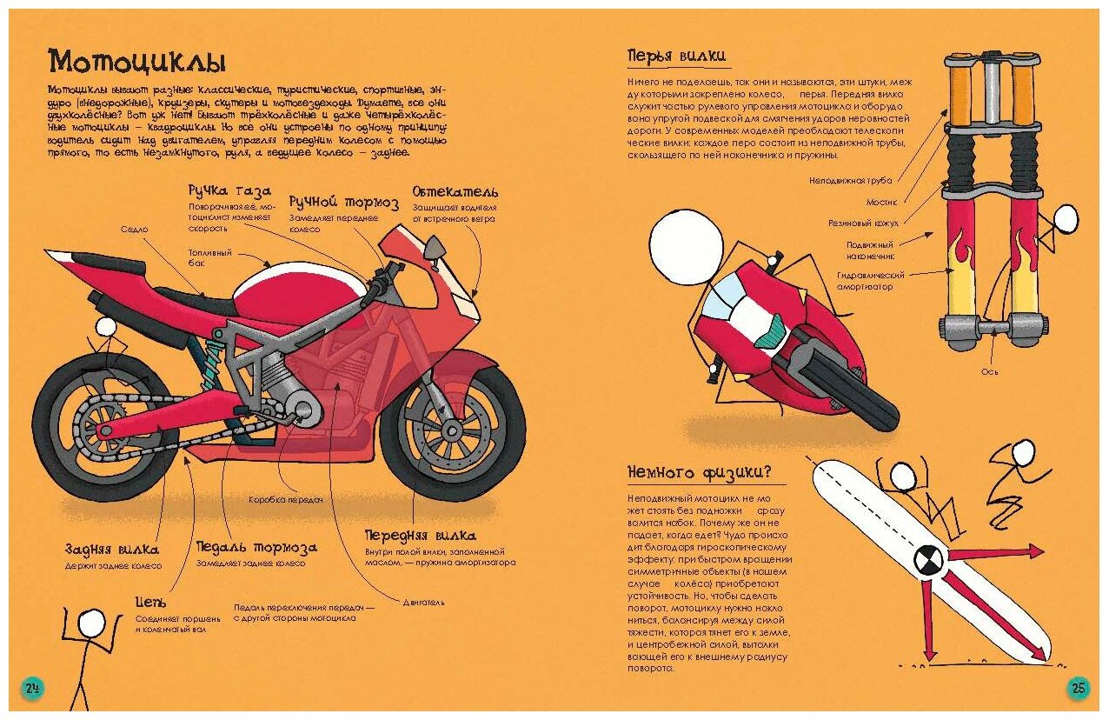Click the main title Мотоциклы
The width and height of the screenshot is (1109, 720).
(137, 62)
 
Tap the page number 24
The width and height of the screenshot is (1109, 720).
(32, 689)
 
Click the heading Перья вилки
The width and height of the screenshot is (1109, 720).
(677, 57)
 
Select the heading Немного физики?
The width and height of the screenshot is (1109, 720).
(699, 473)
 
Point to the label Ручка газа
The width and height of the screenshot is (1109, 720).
(229, 190)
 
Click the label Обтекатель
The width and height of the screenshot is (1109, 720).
(455, 190)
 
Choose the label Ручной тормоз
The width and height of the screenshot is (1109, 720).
(343, 203)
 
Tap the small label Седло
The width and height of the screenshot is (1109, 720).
(135, 229)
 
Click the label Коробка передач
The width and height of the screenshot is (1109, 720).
(286, 500)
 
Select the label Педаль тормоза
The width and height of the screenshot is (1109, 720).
(256, 548)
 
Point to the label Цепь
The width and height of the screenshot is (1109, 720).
(150, 602)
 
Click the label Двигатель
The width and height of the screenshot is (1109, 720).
(424, 601)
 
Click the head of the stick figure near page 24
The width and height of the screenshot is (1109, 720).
(90, 623)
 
